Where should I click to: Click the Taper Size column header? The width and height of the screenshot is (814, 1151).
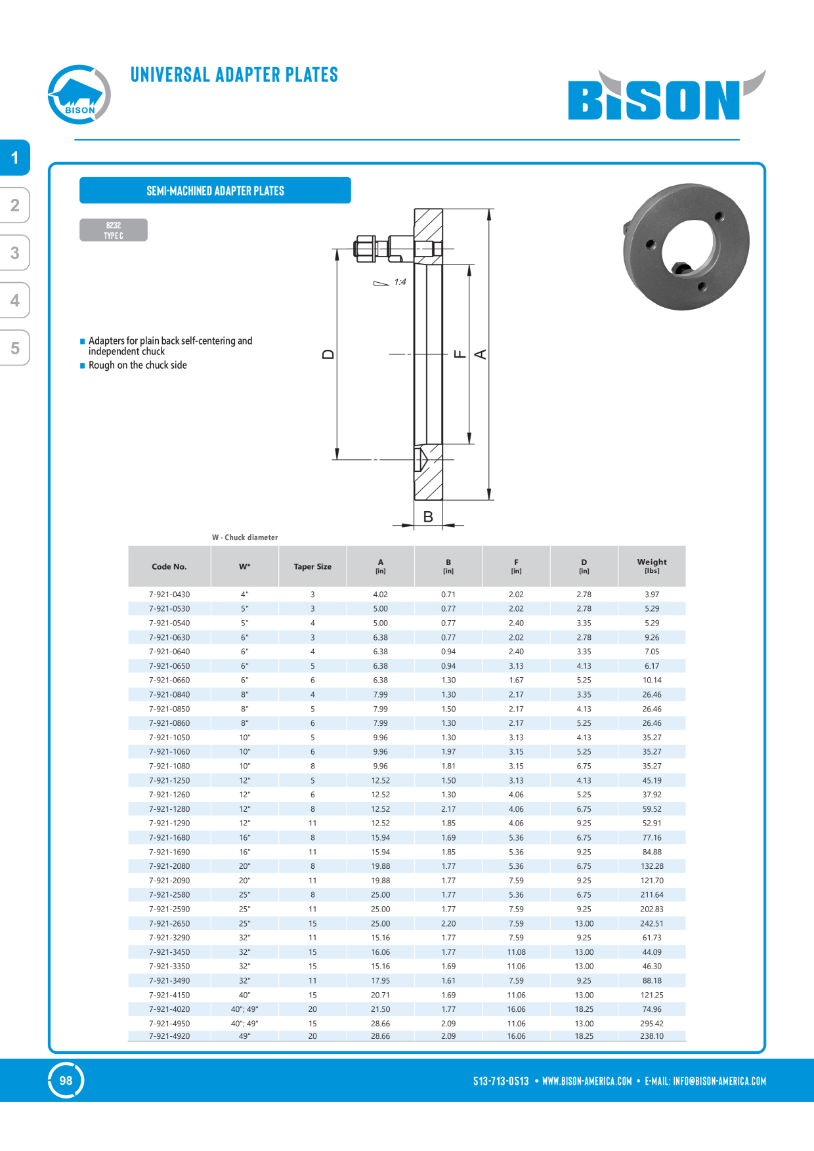point(312,566)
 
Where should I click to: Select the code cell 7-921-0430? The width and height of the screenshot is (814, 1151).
point(169,595)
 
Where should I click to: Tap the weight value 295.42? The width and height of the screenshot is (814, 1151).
point(652,1024)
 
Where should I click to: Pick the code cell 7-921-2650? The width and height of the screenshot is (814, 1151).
point(169,923)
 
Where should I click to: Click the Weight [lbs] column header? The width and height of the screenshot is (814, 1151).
point(652,566)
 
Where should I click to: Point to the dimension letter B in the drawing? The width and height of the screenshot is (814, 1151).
point(428,516)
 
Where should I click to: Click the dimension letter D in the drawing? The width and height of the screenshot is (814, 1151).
point(328,354)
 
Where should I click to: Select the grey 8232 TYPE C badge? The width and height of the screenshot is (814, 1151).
point(114,230)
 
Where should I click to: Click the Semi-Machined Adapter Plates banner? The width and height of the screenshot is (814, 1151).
point(215,190)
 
